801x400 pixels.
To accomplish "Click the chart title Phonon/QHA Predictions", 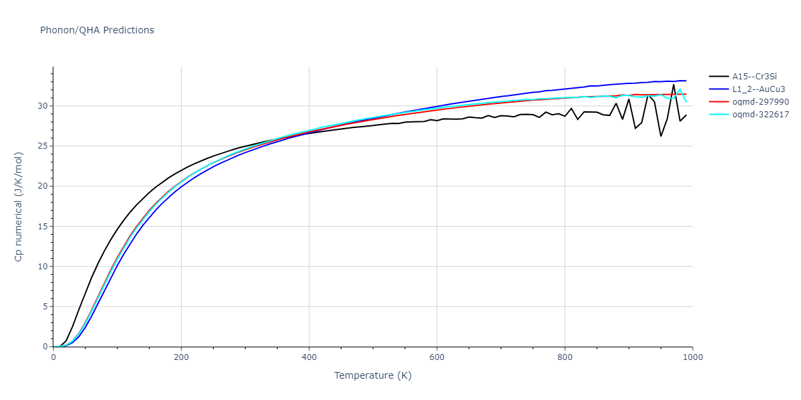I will tap(97, 30).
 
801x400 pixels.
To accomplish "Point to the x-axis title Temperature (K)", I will tap(372, 375).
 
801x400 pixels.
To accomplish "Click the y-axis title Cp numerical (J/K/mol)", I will tap(19, 207).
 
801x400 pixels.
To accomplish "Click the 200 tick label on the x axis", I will tap(181, 357).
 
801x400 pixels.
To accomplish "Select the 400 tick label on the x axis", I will tap(309, 357).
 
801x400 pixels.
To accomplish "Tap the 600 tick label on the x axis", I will tap(437, 357).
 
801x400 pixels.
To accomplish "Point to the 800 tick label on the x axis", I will tap(565, 357).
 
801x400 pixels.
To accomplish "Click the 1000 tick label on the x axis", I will tap(692, 357).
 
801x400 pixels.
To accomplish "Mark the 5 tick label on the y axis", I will tap(45, 307).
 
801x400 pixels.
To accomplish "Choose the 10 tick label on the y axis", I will tap(43, 267).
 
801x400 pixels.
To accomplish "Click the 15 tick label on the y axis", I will tap(43, 226).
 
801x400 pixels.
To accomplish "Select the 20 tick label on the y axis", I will tap(43, 186).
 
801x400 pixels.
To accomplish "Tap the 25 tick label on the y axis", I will tap(43, 146).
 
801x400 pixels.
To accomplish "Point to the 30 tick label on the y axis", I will tap(43, 105).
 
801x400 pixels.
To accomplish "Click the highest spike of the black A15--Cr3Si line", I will tap(674, 85).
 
